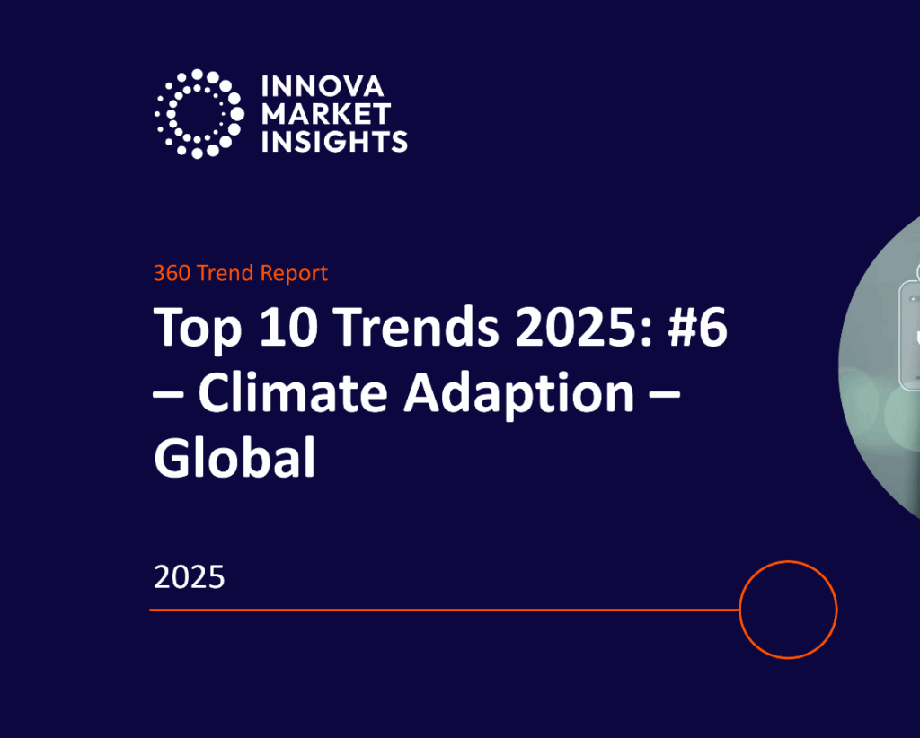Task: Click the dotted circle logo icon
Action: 199,114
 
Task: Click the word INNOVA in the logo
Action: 321,87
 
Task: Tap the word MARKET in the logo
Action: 325,114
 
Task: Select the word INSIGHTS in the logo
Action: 333,141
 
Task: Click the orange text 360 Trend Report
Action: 240,273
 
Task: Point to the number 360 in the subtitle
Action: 171,273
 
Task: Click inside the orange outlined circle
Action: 788,610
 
